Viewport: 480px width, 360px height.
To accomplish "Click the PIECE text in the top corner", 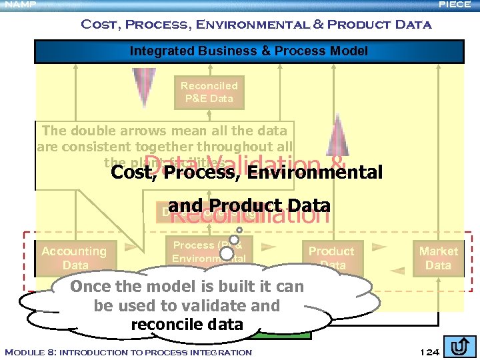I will click(455, 5).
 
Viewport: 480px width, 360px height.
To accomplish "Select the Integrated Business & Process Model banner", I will click(249, 51).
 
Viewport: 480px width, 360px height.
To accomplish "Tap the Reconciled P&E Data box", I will click(209, 92).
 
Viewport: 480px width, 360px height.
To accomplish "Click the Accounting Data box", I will click(74, 257).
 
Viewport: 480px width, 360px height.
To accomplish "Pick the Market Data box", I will click(438, 257).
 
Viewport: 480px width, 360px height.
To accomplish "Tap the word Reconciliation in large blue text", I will click(249, 215).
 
